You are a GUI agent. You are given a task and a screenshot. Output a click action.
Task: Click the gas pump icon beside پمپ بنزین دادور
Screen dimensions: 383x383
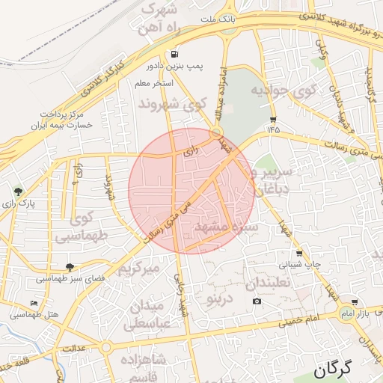pos(174,54)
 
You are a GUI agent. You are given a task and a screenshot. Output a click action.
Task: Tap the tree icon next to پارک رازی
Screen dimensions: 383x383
pos(18,192)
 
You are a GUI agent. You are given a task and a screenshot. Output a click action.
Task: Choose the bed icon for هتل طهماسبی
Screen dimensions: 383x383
pos(34,303)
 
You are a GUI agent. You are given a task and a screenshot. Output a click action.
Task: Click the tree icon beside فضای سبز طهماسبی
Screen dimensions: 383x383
pos(70,267)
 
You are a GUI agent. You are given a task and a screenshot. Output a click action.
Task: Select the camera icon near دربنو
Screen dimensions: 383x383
pos(257,301)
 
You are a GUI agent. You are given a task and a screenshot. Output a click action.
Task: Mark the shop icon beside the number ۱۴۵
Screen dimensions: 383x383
pos(273,119)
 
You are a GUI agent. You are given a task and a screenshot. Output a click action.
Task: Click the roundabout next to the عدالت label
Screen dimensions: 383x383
pos(106,347)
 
